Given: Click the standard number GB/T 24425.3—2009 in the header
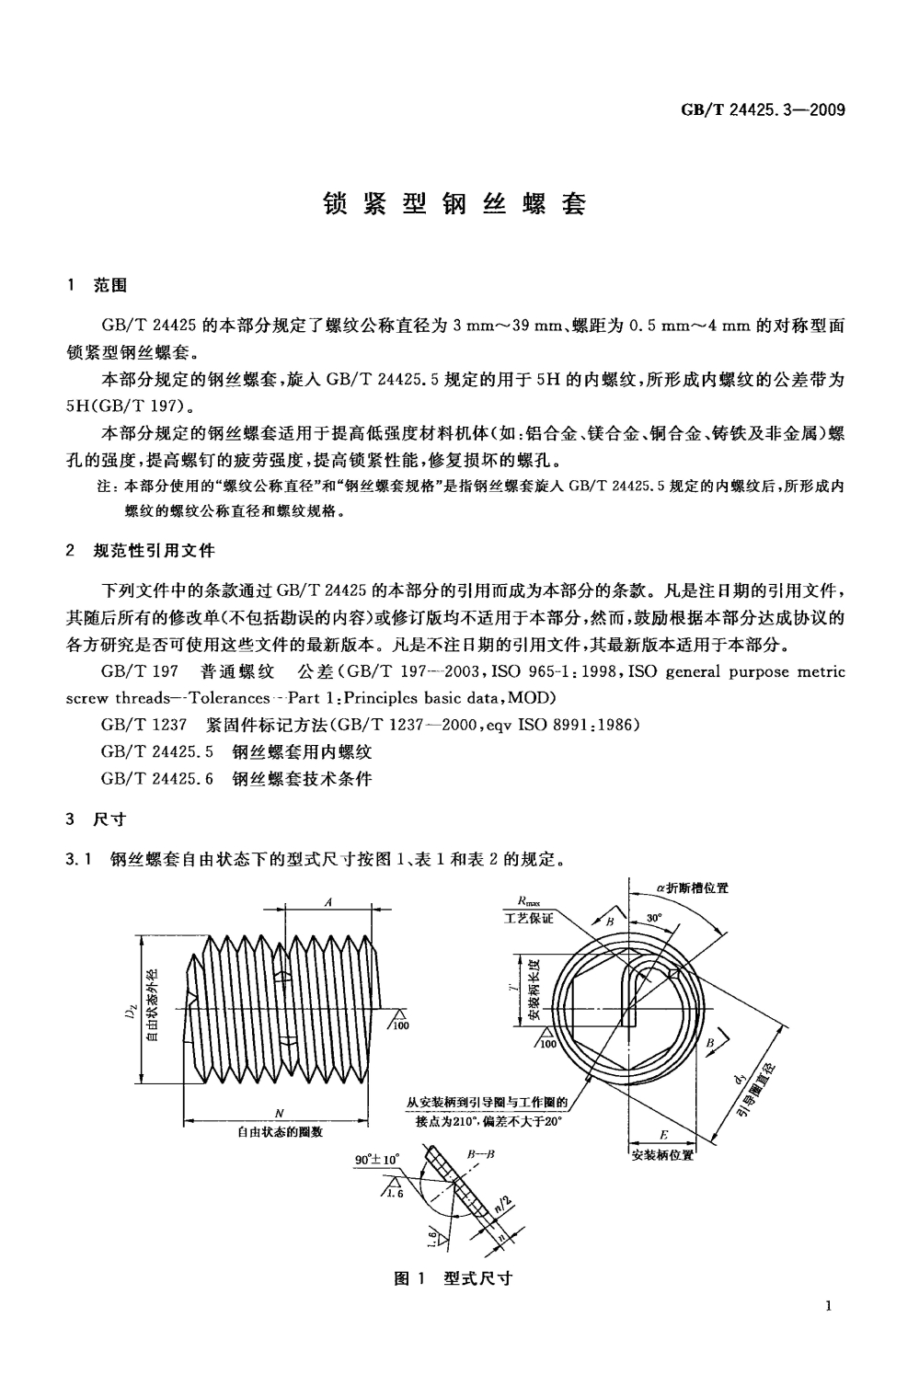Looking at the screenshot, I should tap(763, 111).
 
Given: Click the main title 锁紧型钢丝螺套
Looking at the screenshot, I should tap(454, 204).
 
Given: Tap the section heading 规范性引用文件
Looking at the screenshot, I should tap(154, 551).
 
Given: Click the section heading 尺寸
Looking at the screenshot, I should tap(110, 819).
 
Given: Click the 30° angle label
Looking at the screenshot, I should tap(654, 918).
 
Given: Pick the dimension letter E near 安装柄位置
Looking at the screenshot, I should tap(663, 1135).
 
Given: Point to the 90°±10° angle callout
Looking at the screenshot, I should tap(377, 1160).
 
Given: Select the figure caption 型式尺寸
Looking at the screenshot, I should tap(477, 1278).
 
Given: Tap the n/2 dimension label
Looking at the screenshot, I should tap(500, 1206).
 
